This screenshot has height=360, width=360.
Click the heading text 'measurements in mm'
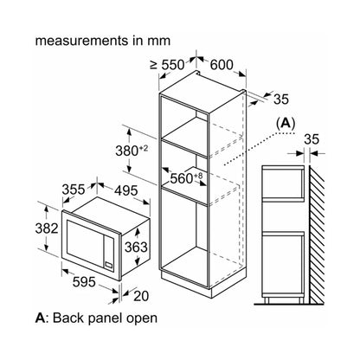pos(103,41)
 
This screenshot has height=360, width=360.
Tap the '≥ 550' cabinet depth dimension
pos(167,65)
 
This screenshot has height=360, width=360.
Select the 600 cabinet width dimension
pos(222,65)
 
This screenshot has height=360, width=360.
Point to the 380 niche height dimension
pos(132,151)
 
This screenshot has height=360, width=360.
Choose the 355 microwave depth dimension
pos(74,190)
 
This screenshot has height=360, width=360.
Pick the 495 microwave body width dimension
pos(126,190)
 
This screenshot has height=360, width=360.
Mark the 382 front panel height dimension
pos(47,228)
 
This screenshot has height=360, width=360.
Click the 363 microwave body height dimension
pos(136,247)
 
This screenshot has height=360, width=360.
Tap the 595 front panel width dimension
pos(84,282)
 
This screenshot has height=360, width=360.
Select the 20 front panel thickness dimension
pos(141,296)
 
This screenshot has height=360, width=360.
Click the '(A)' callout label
pos(286,124)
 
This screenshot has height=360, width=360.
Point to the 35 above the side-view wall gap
pos(312,139)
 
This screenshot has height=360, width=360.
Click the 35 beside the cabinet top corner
pos(281,100)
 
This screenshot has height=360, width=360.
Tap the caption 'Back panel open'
pos(105,318)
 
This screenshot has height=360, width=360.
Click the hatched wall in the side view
pos(317,235)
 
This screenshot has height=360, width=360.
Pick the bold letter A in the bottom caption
pos(40,318)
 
